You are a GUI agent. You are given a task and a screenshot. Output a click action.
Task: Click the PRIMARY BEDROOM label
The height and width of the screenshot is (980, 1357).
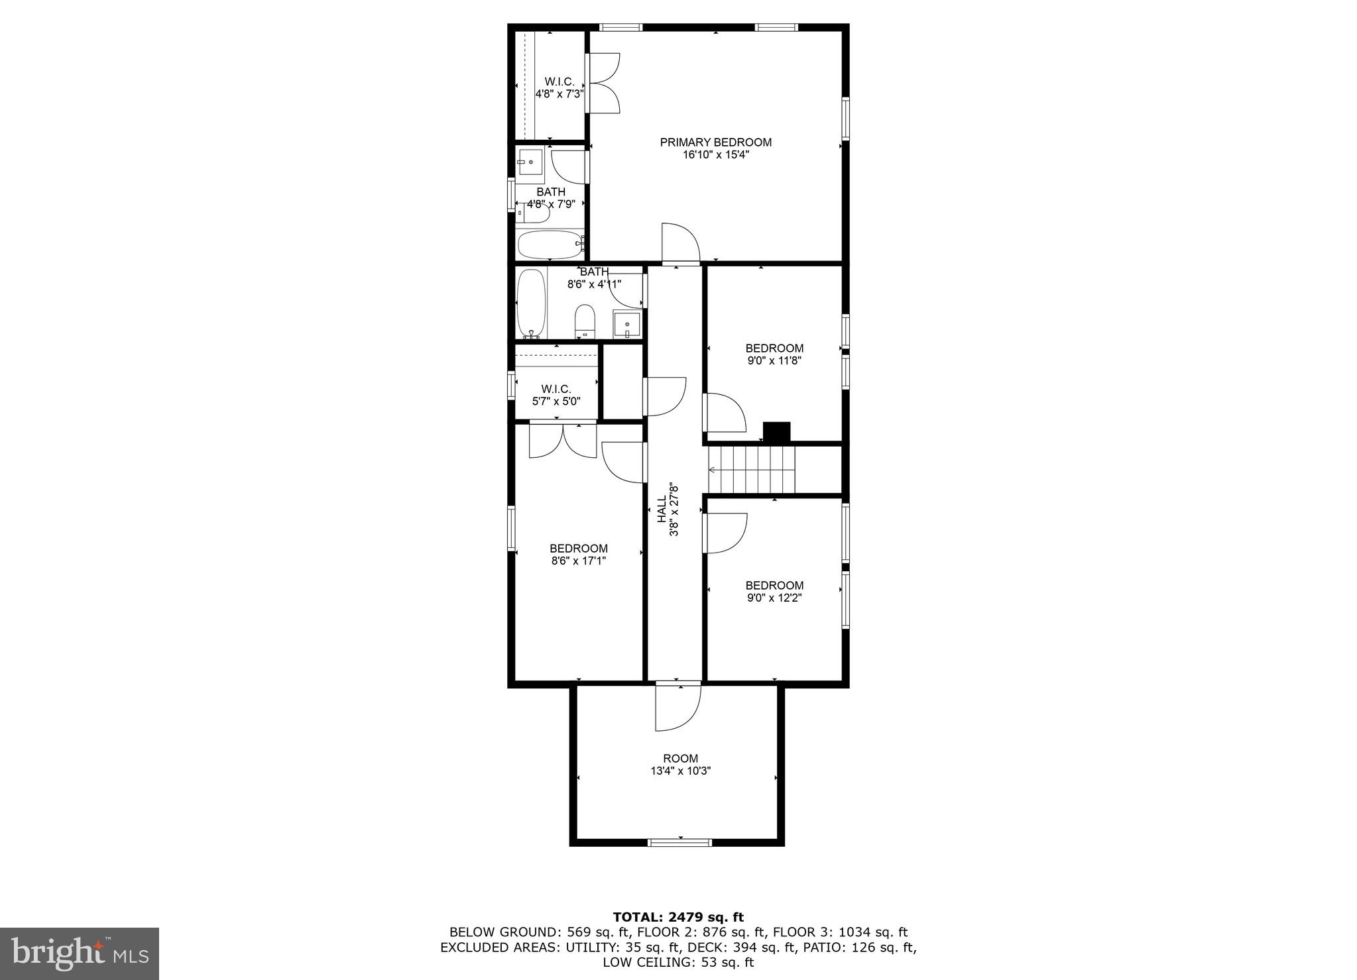click(715, 142)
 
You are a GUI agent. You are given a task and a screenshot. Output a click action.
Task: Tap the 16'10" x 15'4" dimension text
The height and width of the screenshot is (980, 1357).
click(715, 155)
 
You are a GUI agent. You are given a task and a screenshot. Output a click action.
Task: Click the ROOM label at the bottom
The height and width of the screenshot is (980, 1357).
click(680, 759)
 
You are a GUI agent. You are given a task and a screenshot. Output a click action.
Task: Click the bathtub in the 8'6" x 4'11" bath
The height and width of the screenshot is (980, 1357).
click(531, 303)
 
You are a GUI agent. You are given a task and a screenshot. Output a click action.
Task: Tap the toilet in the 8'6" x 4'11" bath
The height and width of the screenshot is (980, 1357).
click(585, 323)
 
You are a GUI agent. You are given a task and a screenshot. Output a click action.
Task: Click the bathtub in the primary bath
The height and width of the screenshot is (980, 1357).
click(550, 245)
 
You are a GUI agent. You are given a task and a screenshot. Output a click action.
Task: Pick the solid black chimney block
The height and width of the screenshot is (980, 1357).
click(776, 432)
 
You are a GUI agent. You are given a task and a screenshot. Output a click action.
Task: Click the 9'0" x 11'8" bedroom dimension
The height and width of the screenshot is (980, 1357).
click(774, 361)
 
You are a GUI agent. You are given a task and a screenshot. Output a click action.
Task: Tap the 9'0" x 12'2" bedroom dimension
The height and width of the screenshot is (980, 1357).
click(774, 598)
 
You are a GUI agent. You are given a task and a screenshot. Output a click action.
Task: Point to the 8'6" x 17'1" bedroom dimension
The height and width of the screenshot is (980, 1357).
click(578, 561)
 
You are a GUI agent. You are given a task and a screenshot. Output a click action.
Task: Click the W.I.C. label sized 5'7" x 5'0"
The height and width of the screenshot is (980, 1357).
click(556, 390)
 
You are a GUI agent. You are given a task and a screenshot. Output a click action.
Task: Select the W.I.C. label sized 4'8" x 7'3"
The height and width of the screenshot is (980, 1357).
click(559, 82)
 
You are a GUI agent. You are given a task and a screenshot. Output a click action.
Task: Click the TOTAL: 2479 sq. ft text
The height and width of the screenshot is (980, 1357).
click(678, 918)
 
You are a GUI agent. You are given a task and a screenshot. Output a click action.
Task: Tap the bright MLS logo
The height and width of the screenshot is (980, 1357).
click(80, 954)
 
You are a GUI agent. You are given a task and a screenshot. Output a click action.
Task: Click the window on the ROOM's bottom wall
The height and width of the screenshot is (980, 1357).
click(679, 843)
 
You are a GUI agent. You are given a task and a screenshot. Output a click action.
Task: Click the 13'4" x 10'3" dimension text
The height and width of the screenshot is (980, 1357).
click(680, 771)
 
